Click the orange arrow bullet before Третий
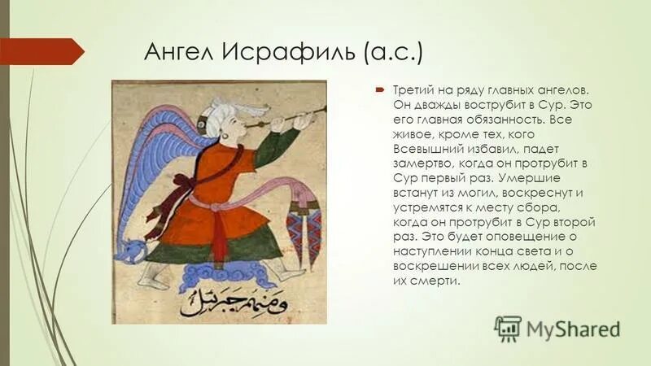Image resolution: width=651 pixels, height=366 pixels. [380, 91]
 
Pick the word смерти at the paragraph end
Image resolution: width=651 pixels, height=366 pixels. [436, 281]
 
